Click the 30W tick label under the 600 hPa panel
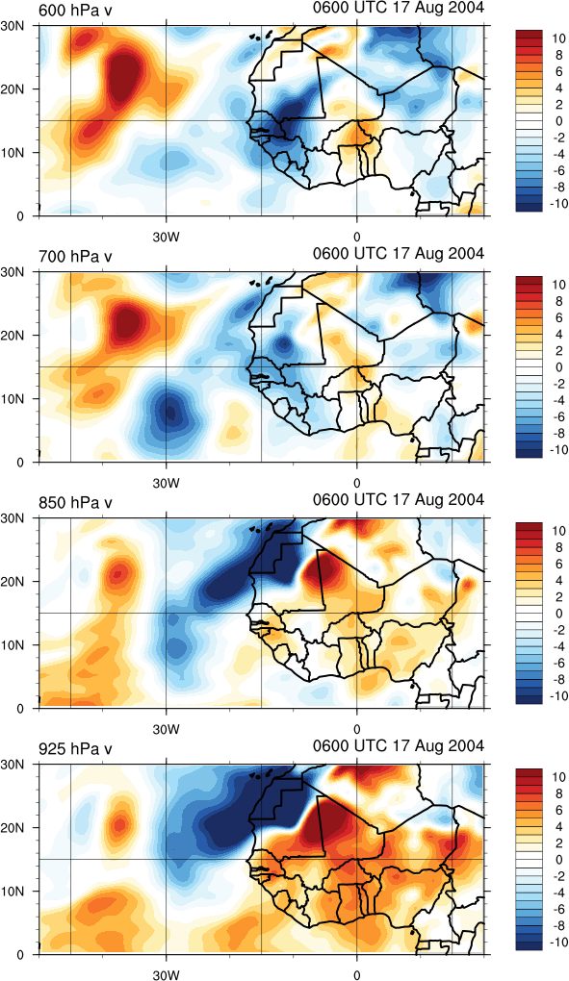click(166, 239)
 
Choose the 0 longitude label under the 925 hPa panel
click(357, 975)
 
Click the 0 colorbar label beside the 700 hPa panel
click(559, 367)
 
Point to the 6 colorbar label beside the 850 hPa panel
click(559, 564)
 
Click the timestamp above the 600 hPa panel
click(399, 8)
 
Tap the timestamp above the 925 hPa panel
click(399, 745)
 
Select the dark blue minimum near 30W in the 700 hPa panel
click(169, 412)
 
